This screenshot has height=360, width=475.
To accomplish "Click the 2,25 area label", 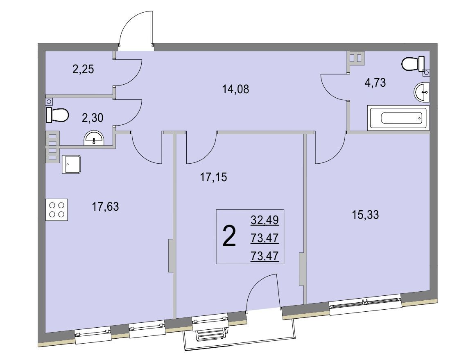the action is (83, 70).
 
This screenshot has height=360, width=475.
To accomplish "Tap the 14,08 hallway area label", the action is (235, 89).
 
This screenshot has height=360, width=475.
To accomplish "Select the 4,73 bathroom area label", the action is (375, 82).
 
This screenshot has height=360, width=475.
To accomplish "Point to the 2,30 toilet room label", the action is (93, 117).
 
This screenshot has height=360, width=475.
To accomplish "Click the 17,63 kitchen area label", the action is (105, 207).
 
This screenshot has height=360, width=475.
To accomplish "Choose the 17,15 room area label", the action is (213, 177).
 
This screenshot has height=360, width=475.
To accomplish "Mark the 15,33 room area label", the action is (365, 215).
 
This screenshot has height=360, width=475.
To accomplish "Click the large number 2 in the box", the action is (229, 237).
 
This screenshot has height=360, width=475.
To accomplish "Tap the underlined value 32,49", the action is (265, 220).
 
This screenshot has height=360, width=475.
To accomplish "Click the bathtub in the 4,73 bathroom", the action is (398, 118).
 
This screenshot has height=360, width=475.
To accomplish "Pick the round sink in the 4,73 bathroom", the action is (422, 91).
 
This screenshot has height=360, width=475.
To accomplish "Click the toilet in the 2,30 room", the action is (57, 115).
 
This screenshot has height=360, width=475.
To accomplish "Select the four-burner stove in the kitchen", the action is (57, 209).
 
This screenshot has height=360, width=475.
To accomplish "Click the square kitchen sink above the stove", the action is (71, 164).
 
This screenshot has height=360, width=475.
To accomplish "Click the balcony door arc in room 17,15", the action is (258, 284).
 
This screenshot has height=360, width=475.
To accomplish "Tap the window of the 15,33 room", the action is (366, 303).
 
